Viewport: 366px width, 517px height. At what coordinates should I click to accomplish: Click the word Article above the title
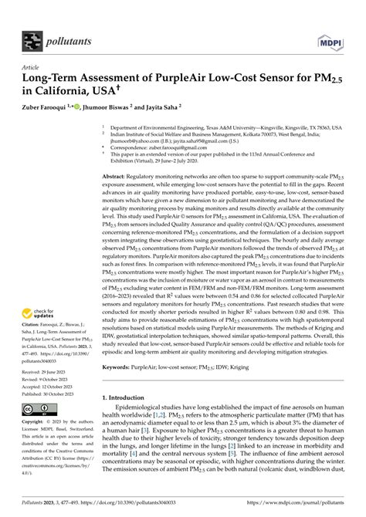click(x=33, y=67)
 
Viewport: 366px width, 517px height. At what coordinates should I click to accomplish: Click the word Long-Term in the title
click(x=59, y=79)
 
